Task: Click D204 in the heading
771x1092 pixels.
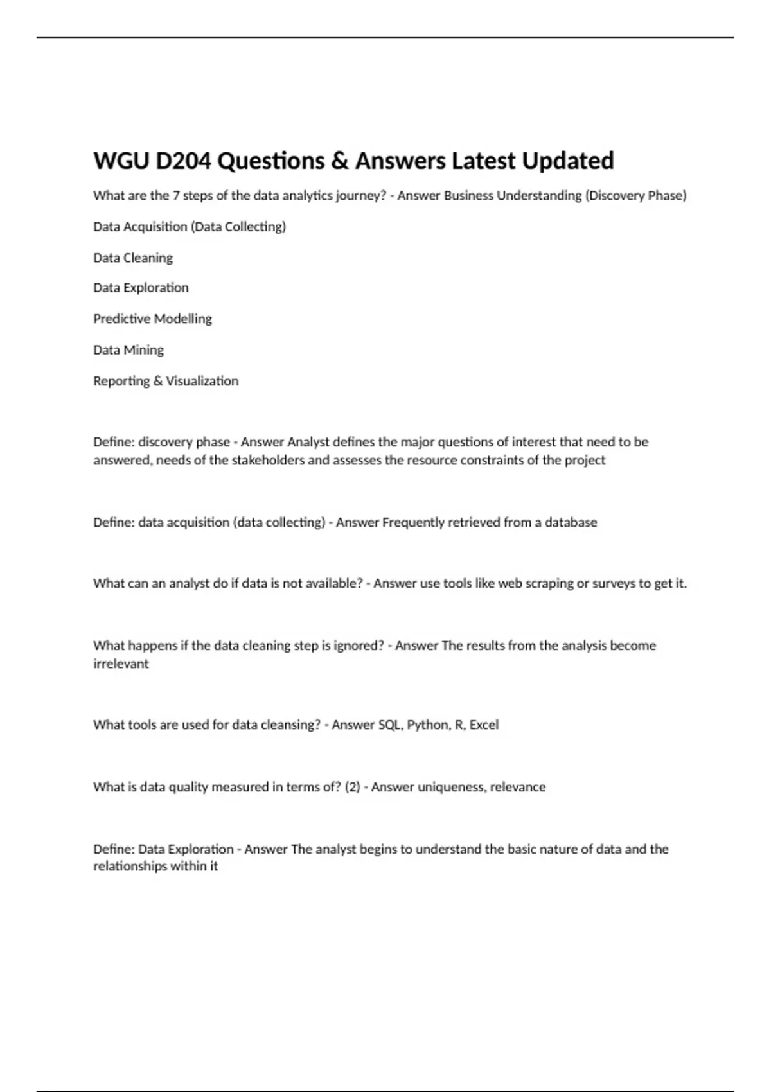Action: pos(183,161)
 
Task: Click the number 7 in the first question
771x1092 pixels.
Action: pos(175,195)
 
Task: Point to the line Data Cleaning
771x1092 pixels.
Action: pos(133,258)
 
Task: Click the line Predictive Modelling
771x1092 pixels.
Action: pos(152,319)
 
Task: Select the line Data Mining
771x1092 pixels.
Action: pos(128,349)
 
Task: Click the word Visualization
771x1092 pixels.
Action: pos(202,381)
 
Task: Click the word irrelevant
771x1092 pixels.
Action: pos(121,664)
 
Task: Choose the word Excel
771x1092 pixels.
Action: pos(484,725)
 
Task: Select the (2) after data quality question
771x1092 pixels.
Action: pos(352,787)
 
